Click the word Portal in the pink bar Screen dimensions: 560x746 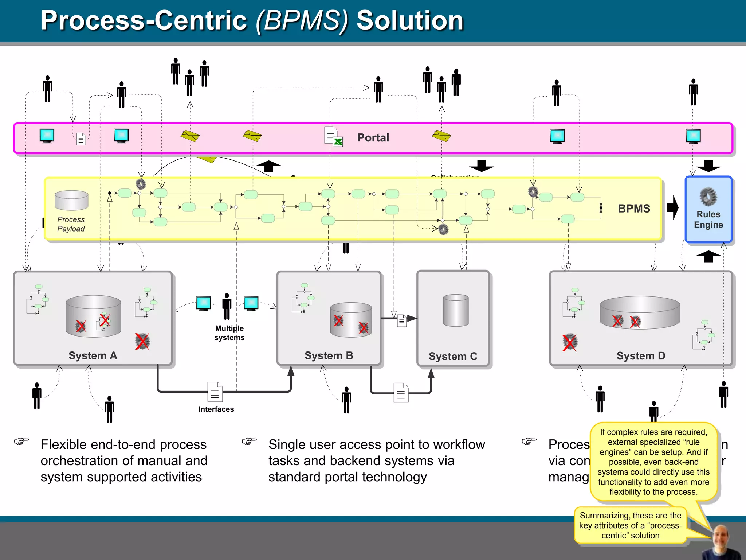click(373, 138)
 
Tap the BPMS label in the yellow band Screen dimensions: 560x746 click(634, 209)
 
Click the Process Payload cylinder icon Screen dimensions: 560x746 click(71, 201)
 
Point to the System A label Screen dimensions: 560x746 click(93, 355)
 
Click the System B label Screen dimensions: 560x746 click(329, 355)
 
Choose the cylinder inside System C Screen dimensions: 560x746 click(456, 311)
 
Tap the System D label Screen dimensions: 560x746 click(641, 356)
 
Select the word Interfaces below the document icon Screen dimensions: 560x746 click(216, 409)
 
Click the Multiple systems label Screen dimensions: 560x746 click(229, 333)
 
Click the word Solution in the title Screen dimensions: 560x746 click(410, 20)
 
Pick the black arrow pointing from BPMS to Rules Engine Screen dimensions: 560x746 click(673, 208)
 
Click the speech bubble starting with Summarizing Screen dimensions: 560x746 click(630, 525)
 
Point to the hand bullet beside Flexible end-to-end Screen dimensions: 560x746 click(21, 442)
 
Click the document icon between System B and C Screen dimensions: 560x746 click(401, 321)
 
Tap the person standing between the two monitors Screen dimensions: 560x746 click(227, 306)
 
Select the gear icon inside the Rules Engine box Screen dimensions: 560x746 click(708, 197)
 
